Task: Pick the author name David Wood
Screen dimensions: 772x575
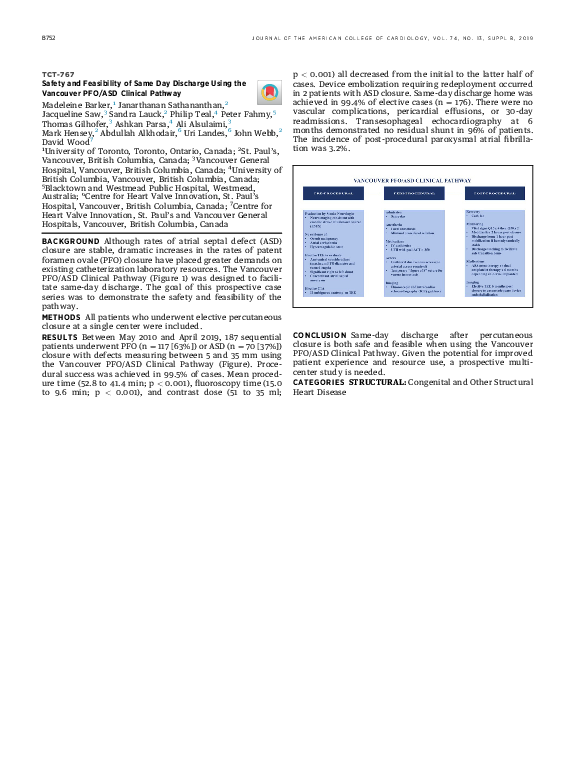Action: pyautogui.click(x=63, y=142)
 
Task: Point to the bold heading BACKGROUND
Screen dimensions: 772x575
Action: pyautogui.click(x=70, y=242)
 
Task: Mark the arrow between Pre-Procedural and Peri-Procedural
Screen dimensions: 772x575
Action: pyautogui.click(x=376, y=191)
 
